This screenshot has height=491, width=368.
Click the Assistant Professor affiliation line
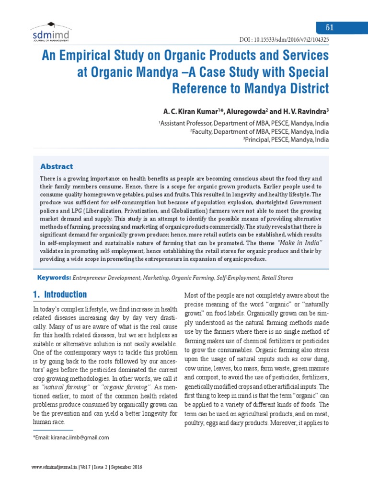[244, 123]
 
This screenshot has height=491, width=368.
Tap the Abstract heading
[57, 167]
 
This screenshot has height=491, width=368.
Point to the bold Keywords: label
[54, 278]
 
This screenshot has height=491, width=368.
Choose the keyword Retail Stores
[276, 278]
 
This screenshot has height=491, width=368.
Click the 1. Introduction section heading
[60, 294]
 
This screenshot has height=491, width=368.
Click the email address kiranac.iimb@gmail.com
[77, 437]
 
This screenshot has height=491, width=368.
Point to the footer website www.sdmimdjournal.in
[51, 467]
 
